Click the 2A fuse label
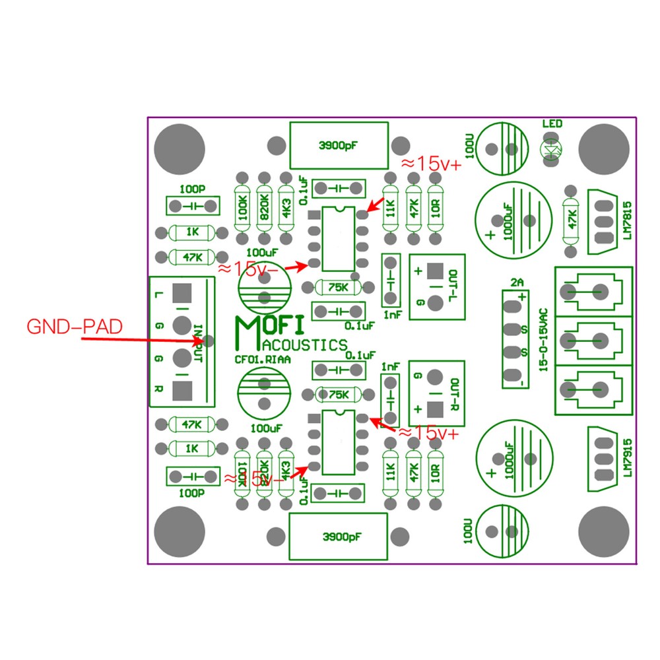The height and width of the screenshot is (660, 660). tap(517, 282)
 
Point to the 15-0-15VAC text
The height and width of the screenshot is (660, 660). tap(543, 339)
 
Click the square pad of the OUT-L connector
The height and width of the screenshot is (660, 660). tap(434, 271)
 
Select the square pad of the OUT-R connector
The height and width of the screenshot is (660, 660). tap(434, 409)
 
